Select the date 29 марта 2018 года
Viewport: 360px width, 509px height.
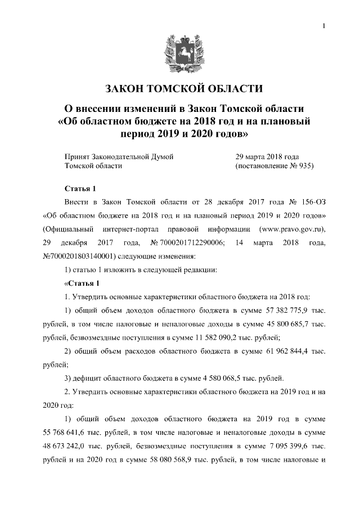point(267,157)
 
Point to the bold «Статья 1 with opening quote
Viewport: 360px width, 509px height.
point(82,283)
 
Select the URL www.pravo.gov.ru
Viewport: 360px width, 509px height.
point(291,229)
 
